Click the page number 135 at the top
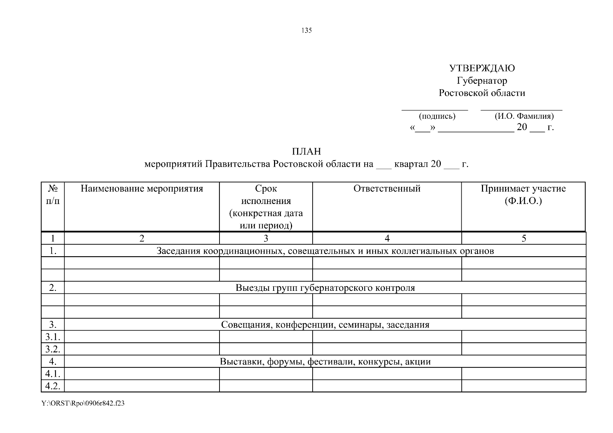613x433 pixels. (306, 31)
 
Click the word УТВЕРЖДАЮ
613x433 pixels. (482, 68)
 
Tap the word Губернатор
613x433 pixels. (482, 80)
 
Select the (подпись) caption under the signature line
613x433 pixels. (437, 116)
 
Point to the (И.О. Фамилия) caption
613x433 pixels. (524, 116)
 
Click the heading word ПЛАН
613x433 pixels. (306, 152)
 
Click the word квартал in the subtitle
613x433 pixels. (411, 164)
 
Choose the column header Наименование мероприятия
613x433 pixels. (142, 189)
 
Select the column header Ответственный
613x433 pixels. (387, 189)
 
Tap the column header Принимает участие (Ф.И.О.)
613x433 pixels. (523, 194)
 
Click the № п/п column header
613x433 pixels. (53, 194)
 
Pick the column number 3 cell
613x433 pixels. (266, 238)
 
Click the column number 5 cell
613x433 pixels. (523, 238)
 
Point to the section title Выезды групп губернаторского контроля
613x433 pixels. (325, 288)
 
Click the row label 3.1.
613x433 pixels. (53, 337)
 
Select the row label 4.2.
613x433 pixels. (53, 386)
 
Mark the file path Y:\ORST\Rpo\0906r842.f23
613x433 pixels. (83, 403)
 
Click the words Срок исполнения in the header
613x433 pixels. (266, 194)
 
